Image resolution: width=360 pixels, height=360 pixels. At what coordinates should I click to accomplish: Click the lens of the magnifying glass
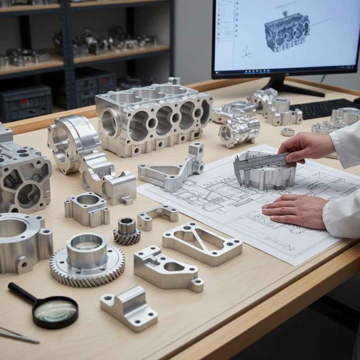[x=56, y=311]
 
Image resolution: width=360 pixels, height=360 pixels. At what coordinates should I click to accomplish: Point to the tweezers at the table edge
[x=18, y=336]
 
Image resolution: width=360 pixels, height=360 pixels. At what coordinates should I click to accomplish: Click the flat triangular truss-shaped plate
[x=202, y=243]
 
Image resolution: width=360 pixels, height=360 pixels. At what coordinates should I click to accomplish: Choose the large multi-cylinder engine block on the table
[x=153, y=115]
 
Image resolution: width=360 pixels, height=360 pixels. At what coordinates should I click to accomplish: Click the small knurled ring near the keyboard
[x=288, y=132]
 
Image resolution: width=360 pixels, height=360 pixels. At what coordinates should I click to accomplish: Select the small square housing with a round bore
[x=87, y=209]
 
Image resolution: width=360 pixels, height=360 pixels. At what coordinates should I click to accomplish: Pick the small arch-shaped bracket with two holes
[x=157, y=216]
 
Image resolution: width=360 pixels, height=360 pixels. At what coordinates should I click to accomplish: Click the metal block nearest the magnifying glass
[x=129, y=308]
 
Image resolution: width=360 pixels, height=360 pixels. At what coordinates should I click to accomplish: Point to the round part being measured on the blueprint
[x=265, y=173]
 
